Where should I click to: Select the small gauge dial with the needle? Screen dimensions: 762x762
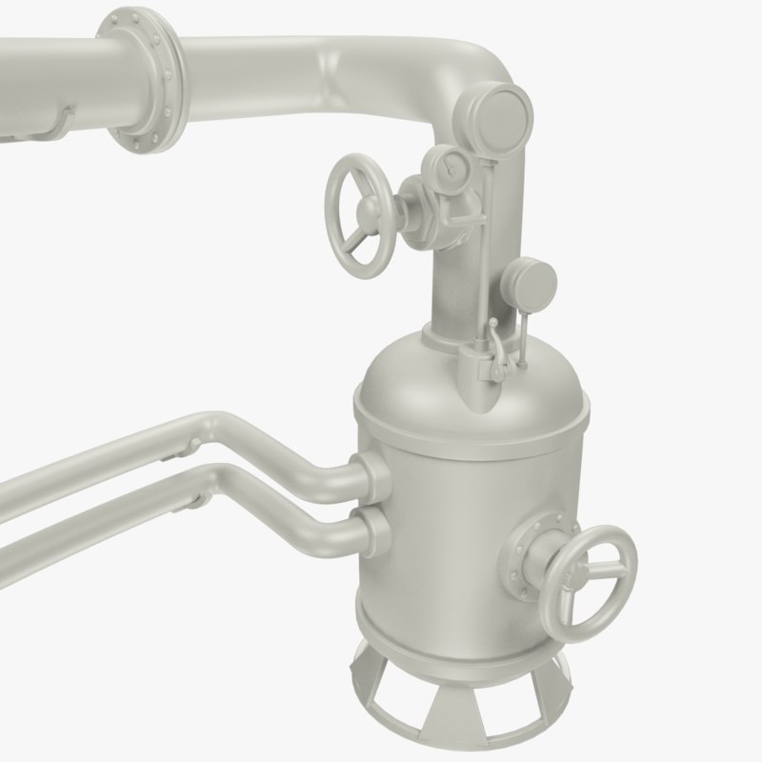[x=448, y=168]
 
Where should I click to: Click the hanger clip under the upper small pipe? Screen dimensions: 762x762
[x=191, y=446]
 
